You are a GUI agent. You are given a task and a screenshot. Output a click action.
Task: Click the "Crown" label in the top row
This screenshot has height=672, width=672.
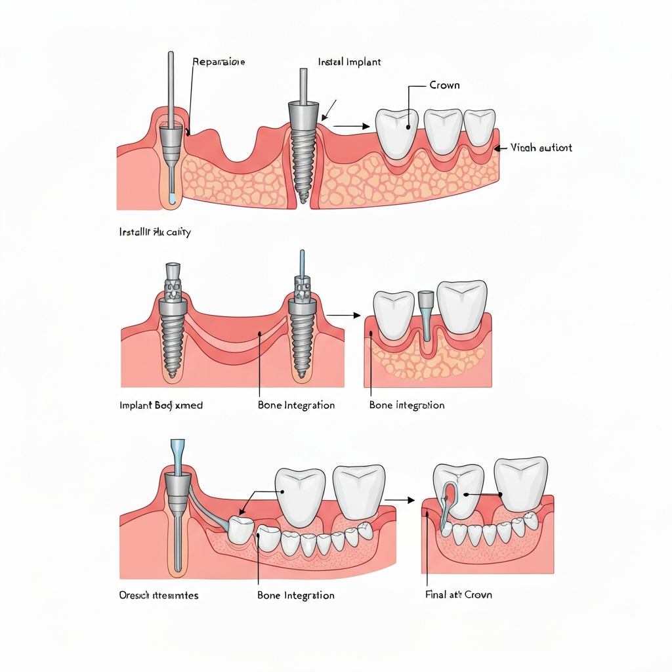tap(444, 85)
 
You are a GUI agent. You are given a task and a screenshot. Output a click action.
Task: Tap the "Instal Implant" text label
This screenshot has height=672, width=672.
tap(349, 62)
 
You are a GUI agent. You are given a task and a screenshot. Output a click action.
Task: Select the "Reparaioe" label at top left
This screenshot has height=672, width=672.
tap(219, 62)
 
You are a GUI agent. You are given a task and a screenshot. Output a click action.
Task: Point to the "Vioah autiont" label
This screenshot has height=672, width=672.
tap(541, 148)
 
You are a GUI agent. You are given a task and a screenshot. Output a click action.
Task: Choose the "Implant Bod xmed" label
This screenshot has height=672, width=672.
tap(161, 406)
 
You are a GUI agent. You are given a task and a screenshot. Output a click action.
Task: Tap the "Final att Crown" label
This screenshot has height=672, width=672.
tap(459, 595)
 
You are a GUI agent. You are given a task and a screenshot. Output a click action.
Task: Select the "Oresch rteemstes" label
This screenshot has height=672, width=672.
tap(159, 595)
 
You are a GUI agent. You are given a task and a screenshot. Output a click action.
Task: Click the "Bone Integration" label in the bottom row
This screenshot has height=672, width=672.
tap(296, 595)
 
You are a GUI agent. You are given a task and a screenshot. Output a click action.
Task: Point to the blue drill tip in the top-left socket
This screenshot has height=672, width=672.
tap(171, 198)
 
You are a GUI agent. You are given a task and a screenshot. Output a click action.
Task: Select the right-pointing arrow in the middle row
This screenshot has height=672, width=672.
tap(345, 316)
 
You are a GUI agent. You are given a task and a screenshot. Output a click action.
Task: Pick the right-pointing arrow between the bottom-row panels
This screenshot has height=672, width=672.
tap(400, 500)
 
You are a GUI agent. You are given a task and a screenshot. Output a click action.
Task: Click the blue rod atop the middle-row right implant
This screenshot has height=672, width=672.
tap(302, 262)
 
